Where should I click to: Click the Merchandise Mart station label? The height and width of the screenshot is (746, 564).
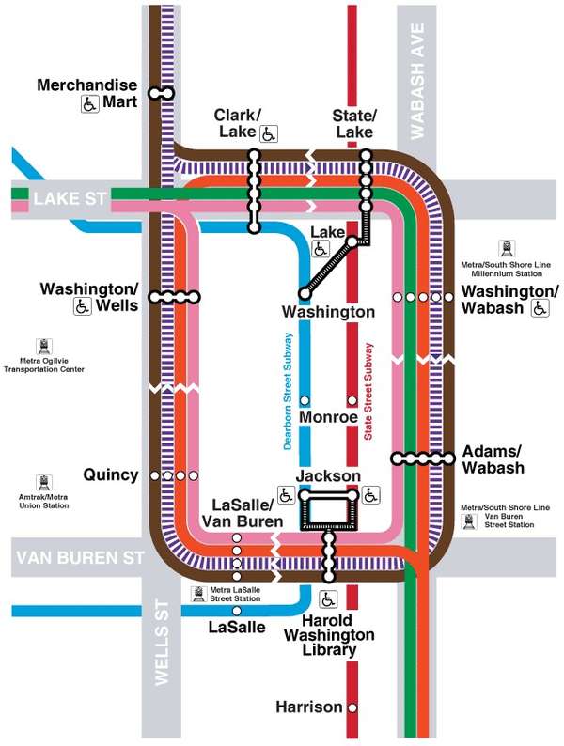tap(86, 85)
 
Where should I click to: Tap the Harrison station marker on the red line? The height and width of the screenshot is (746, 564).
tap(352, 707)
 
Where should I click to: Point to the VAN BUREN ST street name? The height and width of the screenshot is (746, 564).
tap(81, 557)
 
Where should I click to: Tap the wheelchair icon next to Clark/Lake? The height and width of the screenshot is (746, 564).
tap(268, 133)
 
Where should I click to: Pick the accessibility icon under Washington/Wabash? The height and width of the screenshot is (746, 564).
tap(540, 308)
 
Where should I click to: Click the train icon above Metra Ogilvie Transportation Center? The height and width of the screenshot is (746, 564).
tap(43, 346)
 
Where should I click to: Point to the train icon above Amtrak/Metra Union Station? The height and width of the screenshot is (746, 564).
tap(43, 482)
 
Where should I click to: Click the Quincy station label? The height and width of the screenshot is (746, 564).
tap(110, 474)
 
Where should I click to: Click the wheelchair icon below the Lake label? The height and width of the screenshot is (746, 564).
tap(321, 249)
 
